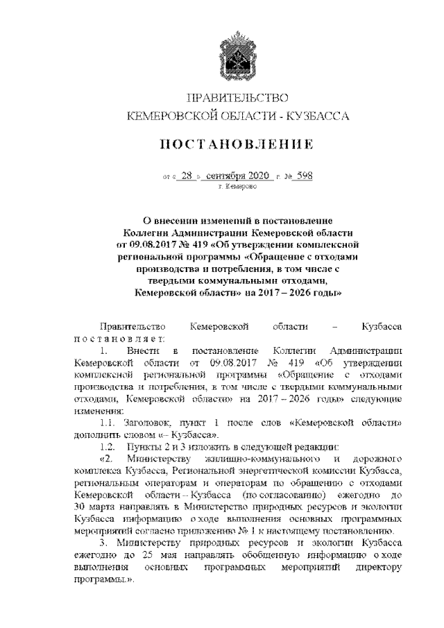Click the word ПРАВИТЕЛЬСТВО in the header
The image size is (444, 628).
point(237,97)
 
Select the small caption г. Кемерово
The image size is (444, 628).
point(237,187)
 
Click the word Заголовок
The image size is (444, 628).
point(148,423)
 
